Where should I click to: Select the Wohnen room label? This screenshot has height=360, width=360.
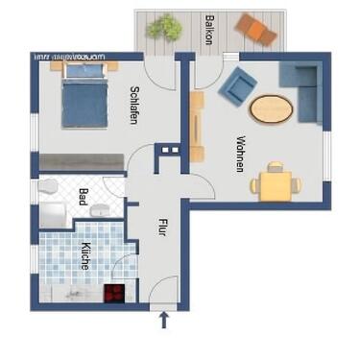pos(239,152)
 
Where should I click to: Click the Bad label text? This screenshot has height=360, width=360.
pos(84,199)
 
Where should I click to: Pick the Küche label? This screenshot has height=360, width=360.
pos(85,253)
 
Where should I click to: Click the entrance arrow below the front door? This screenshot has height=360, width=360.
pos(161,320)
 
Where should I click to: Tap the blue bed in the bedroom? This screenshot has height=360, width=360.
pos(86,96)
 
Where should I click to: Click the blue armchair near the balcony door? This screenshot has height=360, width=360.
pos(235,88)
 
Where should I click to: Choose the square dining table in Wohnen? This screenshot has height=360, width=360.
pos(276,182)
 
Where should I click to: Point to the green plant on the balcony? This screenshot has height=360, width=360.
pos(164,27)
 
